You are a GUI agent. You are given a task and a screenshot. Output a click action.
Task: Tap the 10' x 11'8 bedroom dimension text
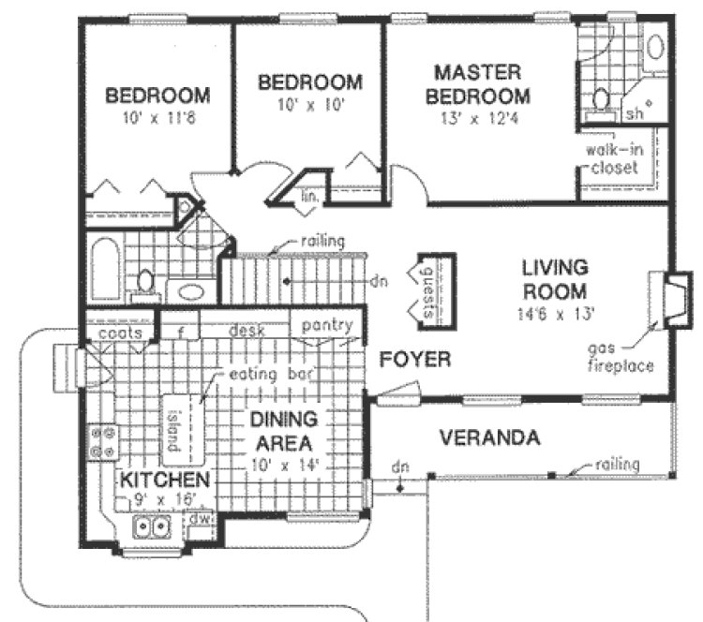[x=157, y=119]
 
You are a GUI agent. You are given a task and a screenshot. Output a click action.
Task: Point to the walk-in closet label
[x=614, y=159]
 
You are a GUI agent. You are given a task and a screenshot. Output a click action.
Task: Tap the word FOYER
[x=415, y=359]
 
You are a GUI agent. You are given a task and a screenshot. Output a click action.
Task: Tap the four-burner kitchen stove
[x=101, y=442]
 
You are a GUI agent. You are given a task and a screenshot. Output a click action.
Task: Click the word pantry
[x=326, y=326]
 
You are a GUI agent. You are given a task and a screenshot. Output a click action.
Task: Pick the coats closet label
[x=118, y=333]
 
